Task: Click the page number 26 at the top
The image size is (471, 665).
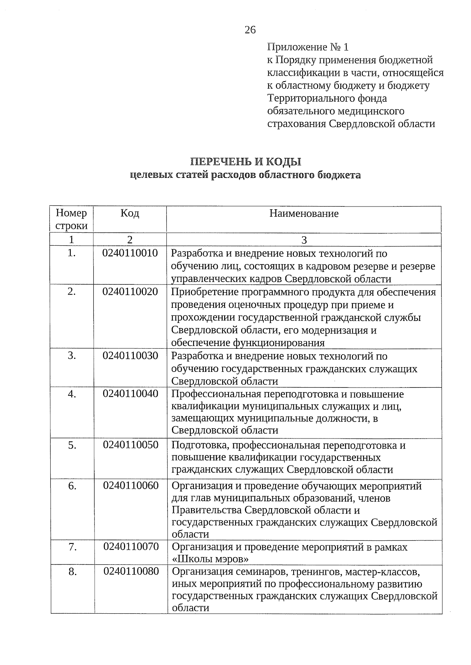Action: pyautogui.click(x=250, y=30)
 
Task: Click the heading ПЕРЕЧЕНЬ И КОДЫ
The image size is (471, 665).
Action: pyautogui.click(x=246, y=162)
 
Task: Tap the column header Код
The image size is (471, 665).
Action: pyautogui.click(x=130, y=214)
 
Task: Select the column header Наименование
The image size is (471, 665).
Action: pyautogui.click(x=304, y=214)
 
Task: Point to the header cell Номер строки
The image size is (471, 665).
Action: pyautogui.click(x=71, y=219)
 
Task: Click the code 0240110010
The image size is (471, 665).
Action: pyautogui.click(x=130, y=253)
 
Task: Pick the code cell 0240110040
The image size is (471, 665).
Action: pyautogui.click(x=130, y=393)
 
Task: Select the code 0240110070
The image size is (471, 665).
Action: pyautogui.click(x=131, y=546)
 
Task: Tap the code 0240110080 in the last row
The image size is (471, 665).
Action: pyautogui.click(x=131, y=571)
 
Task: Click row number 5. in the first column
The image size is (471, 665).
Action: pyautogui.click(x=72, y=445)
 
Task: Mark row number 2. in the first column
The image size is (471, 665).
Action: pyautogui.click(x=71, y=292)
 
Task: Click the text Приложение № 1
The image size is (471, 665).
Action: pyautogui.click(x=308, y=47)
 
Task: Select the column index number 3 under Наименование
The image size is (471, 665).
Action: pyautogui.click(x=304, y=240)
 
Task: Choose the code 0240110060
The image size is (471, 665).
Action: pyautogui.click(x=131, y=486)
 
